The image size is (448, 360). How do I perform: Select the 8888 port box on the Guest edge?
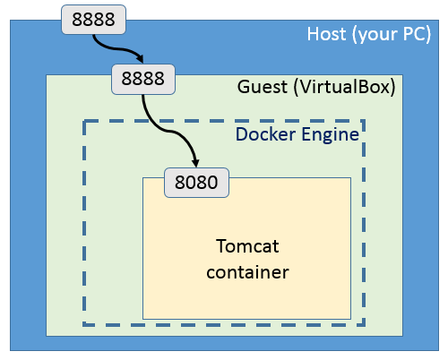pos(143,78)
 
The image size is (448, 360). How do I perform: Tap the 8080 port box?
pos(197,183)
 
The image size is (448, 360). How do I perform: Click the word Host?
pos(326,35)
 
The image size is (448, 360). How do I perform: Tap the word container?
pos(246,270)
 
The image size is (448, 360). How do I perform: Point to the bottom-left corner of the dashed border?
pos(84,324)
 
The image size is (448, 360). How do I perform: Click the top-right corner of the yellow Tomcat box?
pos(350,177)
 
